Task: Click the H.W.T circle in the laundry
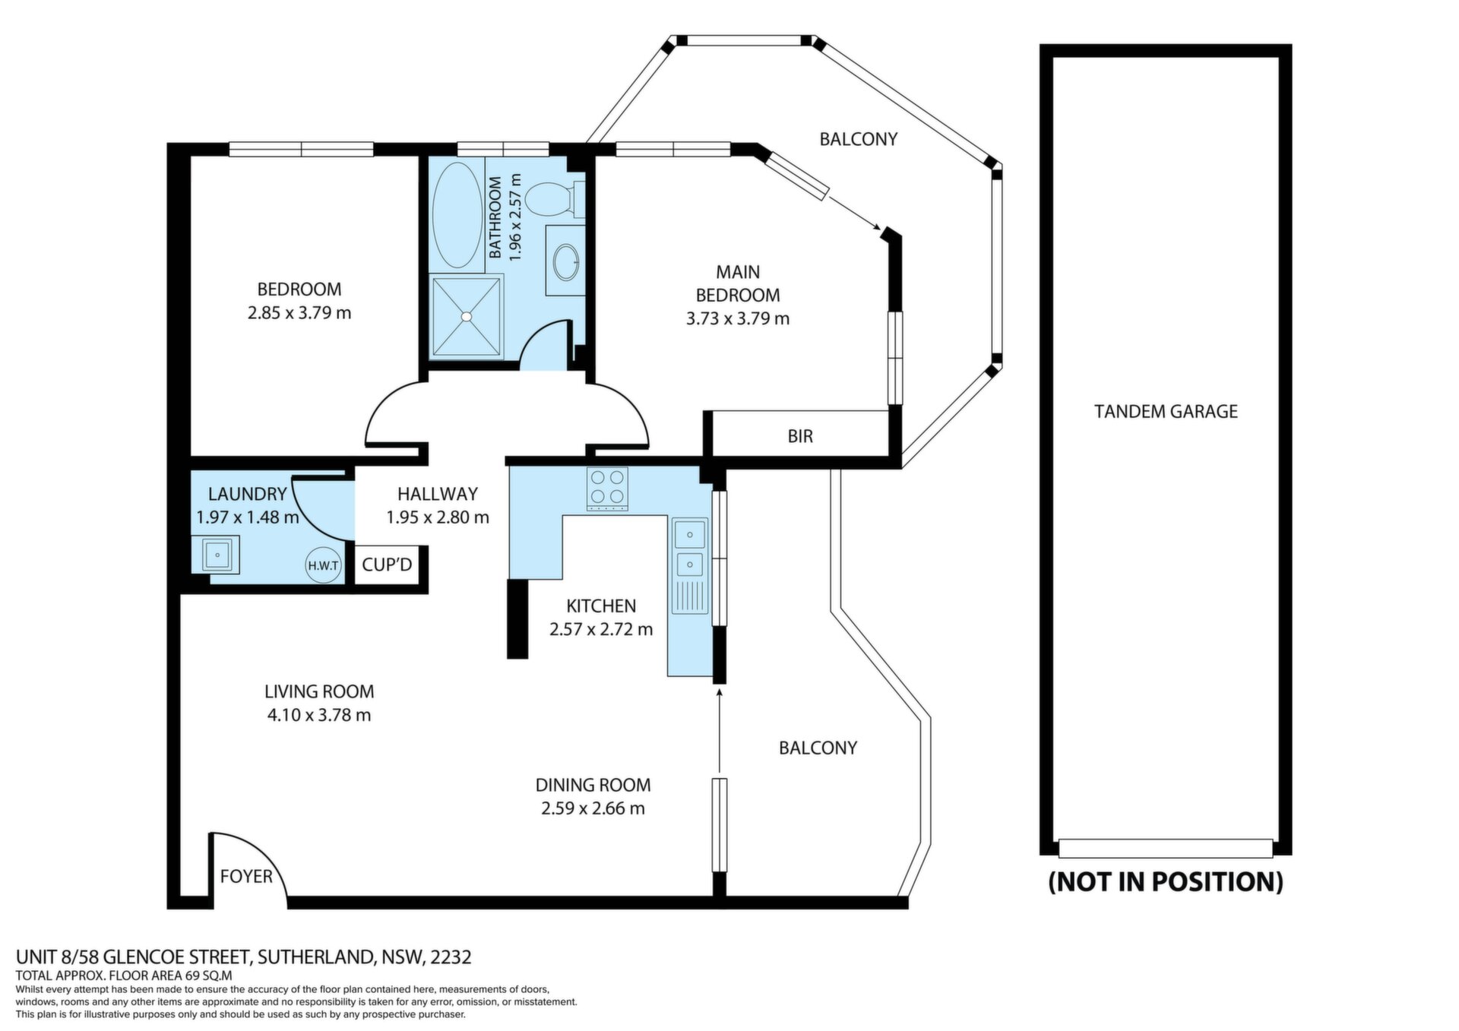coord(323,565)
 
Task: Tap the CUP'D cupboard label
coord(387,565)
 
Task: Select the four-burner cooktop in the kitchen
coord(607,489)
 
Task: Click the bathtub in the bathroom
coord(457,215)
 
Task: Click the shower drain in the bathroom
coord(467,316)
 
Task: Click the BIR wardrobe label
coord(800,436)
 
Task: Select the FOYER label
coord(246,877)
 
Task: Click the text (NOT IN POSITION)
coord(1166,881)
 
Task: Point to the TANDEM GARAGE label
coord(1166,412)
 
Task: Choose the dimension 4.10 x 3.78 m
coord(319,715)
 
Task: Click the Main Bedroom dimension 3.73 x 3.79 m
coord(738,318)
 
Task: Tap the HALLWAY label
coord(438,494)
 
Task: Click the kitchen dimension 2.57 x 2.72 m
coord(601,629)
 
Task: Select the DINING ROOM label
coord(593,785)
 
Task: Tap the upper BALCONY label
coord(859,139)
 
